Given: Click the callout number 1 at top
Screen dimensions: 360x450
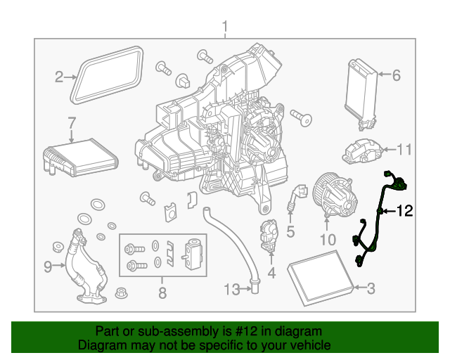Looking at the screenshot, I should (225, 27).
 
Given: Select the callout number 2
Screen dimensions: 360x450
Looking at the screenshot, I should (60, 77).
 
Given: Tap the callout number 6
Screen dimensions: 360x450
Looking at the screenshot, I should (395, 75).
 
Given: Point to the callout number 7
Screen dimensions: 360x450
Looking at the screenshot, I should (71, 124).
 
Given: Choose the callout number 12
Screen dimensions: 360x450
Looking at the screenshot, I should (404, 210).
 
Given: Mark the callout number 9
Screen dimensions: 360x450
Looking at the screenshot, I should (48, 266).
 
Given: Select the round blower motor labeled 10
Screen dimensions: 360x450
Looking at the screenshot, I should (335, 193).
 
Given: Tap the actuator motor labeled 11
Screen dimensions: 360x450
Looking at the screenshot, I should (361, 150).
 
